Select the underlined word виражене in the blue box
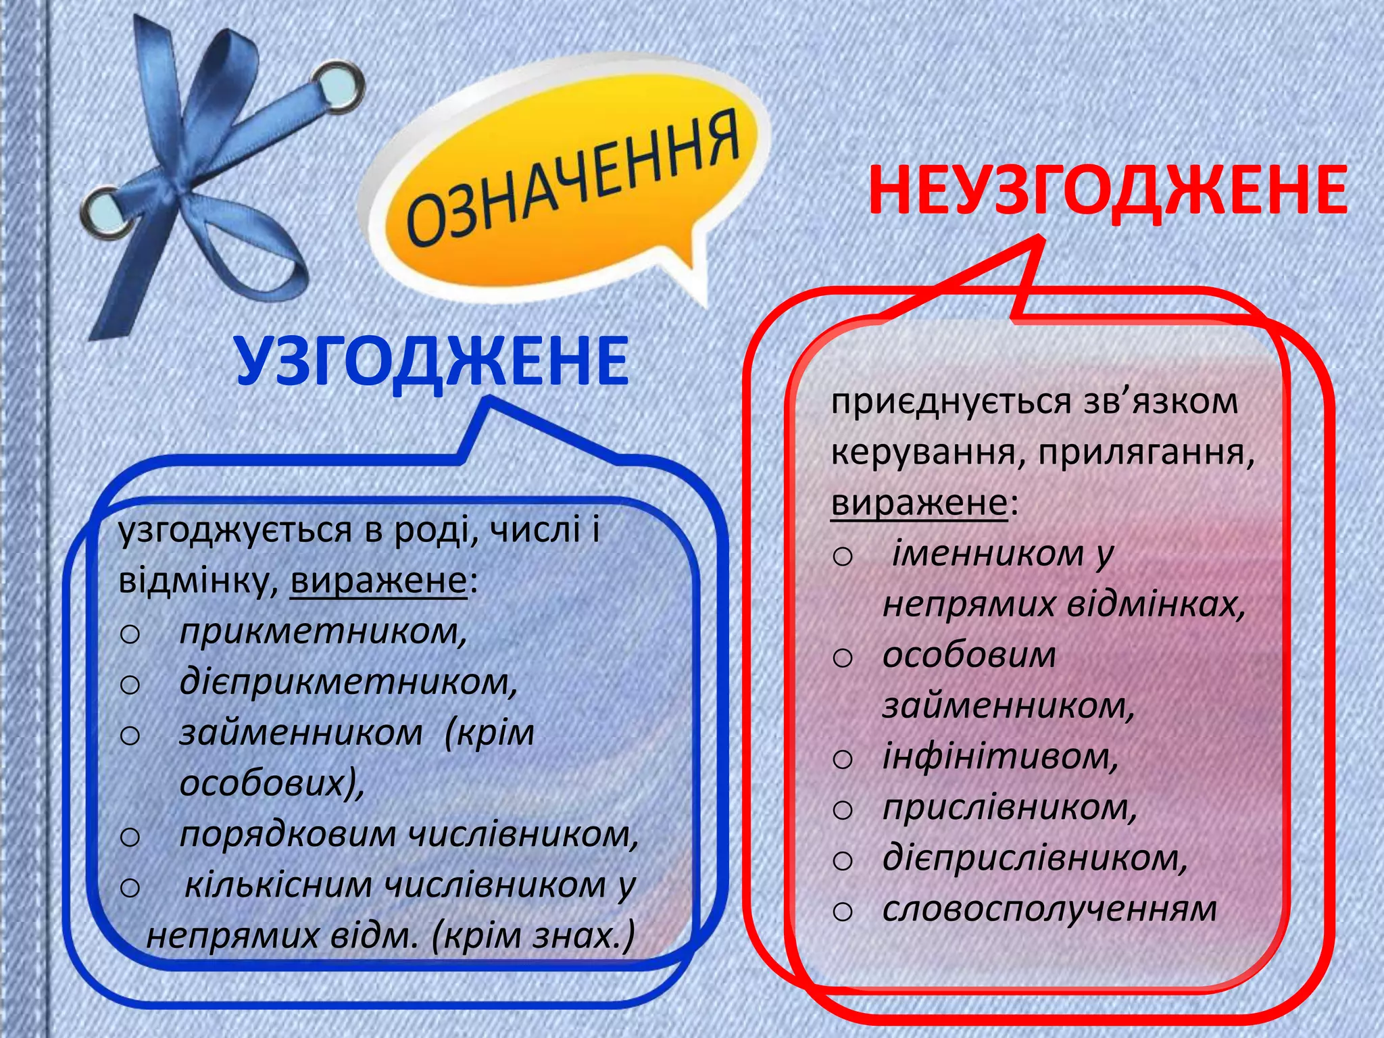point(378,580)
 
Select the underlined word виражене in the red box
point(919,503)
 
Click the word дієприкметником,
point(349,682)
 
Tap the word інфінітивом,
point(1001,756)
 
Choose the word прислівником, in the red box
point(1010,807)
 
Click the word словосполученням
point(1049,909)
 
